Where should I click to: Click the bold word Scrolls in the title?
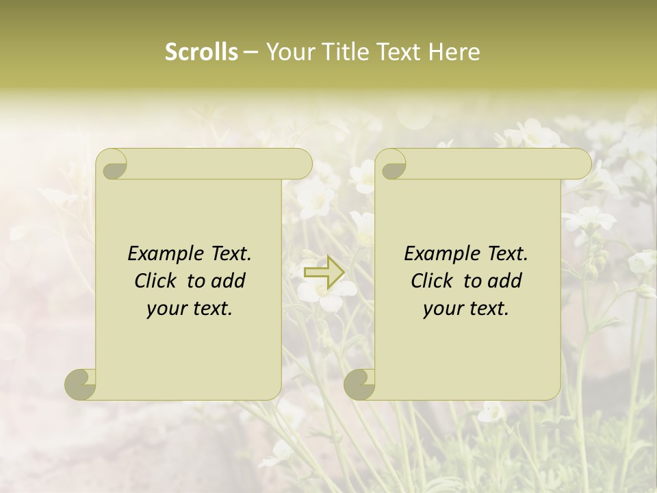[x=201, y=52]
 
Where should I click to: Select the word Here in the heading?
[x=454, y=52]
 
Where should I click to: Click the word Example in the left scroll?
[x=165, y=253]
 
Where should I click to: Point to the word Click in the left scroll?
[x=158, y=281]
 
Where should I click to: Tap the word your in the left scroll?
[x=165, y=309]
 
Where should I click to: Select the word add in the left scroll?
[x=229, y=281]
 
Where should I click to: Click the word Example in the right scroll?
[x=441, y=253]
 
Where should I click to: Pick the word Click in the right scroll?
[x=435, y=281]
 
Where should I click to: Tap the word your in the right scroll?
[x=441, y=309]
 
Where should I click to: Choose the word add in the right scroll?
[x=505, y=281]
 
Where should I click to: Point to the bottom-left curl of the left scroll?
[x=80, y=384]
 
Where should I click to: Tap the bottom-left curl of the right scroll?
[x=359, y=384]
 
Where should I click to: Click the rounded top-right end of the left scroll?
[x=301, y=164]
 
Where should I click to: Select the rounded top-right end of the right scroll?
[x=580, y=164]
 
